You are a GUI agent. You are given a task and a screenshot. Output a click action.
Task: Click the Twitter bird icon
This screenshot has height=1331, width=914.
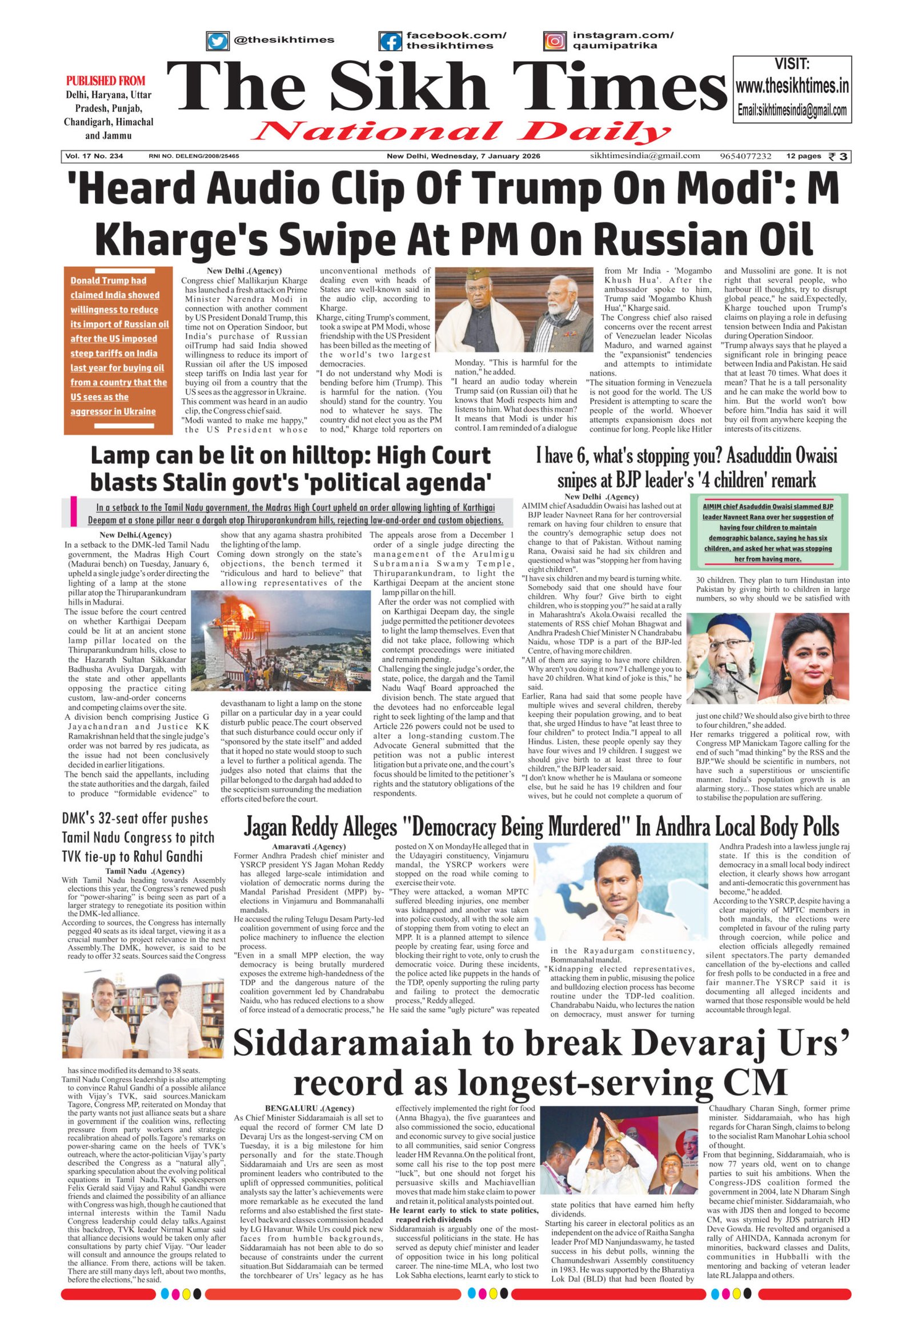217,41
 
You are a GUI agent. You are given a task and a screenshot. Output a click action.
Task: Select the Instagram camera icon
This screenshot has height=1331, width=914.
554,41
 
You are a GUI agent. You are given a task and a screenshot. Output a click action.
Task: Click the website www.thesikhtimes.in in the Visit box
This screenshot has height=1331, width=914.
792,86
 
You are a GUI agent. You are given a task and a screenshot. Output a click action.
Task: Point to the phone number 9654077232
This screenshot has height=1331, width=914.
746,156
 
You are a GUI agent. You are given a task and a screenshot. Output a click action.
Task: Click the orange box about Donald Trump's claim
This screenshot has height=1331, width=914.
119,350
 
